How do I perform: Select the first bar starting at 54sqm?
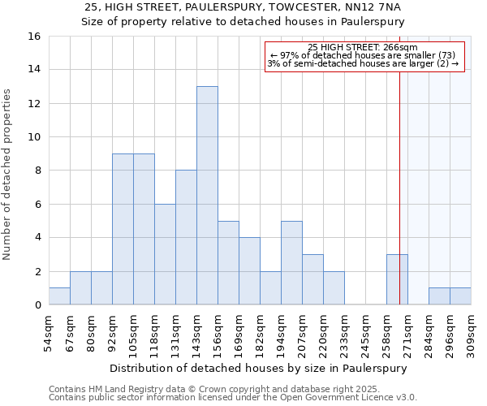tap(59, 296)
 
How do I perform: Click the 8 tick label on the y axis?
tap(37, 171)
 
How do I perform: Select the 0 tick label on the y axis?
tap(37, 305)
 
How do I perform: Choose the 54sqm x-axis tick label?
tap(49, 331)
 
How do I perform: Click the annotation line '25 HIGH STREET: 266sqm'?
tap(363, 47)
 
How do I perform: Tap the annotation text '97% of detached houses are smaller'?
tap(363, 55)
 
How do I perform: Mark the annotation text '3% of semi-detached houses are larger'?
tap(363, 63)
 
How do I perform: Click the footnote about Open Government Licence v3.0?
tap(233, 398)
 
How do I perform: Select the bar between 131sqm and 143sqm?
tap(186, 237)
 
